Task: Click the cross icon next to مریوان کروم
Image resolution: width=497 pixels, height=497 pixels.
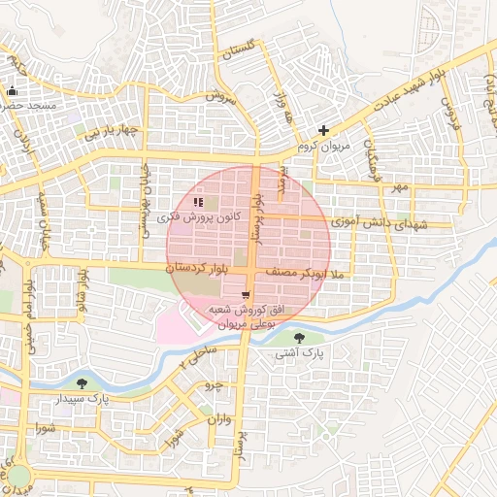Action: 324,130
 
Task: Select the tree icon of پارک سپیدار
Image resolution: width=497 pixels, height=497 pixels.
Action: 93,384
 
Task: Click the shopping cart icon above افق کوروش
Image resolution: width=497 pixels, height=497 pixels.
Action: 246,294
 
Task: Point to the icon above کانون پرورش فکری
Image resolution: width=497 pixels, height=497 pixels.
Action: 198,202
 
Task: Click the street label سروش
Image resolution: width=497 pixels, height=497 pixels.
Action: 219,97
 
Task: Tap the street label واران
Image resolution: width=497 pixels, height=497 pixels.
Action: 219,420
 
